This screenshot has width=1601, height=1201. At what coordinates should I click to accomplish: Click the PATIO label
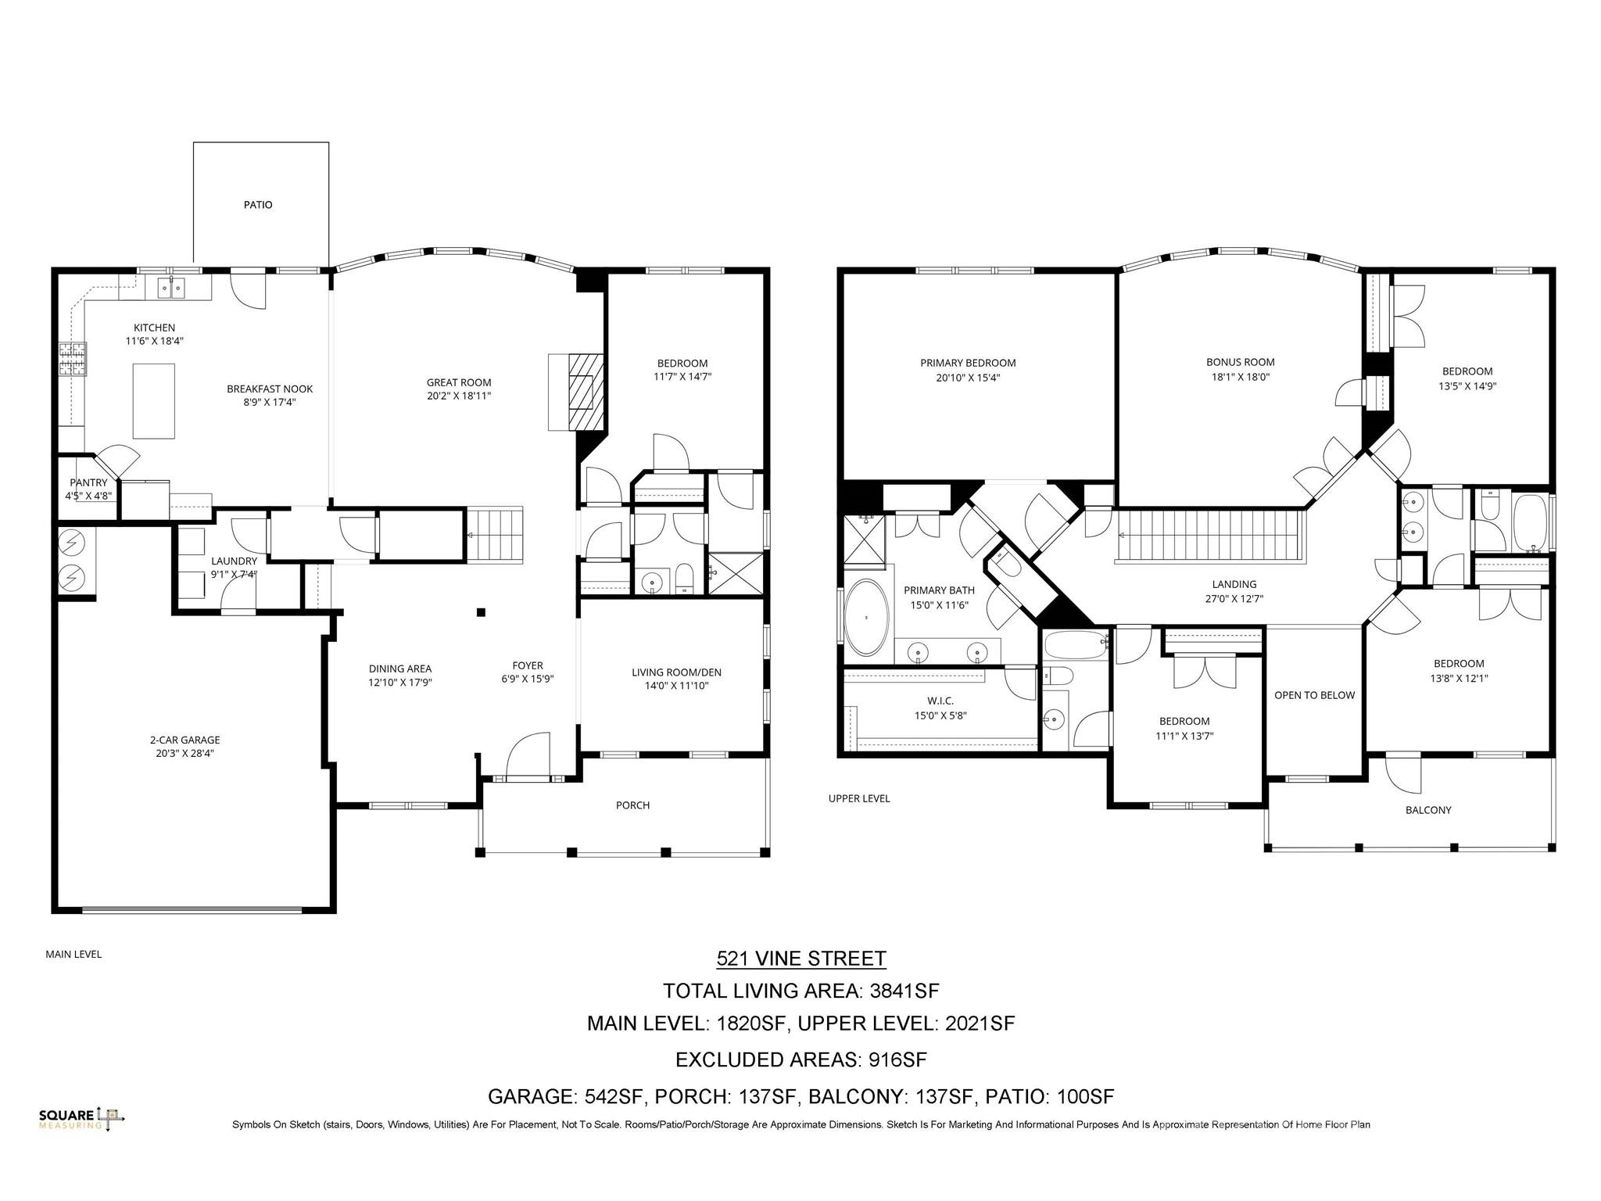258,205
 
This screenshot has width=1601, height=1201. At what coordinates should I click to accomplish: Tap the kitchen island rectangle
154,400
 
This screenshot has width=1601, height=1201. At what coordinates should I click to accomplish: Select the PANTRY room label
88,483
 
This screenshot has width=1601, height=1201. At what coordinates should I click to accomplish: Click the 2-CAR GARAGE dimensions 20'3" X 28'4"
185,754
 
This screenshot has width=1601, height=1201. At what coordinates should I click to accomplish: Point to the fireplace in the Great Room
577,393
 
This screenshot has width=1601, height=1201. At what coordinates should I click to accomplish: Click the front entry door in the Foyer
529,756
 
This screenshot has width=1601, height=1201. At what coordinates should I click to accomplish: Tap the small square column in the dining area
482,612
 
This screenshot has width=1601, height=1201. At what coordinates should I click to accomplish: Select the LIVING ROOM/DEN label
676,672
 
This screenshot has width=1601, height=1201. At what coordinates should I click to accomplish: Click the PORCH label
632,805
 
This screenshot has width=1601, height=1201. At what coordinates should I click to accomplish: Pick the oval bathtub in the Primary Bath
867,618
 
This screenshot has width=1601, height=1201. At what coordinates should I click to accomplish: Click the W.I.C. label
940,701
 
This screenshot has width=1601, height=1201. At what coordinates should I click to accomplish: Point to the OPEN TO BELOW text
1314,695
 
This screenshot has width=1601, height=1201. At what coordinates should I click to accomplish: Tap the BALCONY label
1428,810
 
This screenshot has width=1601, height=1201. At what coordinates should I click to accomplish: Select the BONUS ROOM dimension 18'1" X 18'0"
1240,376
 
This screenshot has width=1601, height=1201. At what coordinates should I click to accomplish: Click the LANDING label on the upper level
1234,584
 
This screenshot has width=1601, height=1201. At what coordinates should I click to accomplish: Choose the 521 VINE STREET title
801,959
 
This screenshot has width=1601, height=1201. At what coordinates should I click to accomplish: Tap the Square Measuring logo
82,1119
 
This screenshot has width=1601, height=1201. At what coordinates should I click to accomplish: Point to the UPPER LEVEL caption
859,798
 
